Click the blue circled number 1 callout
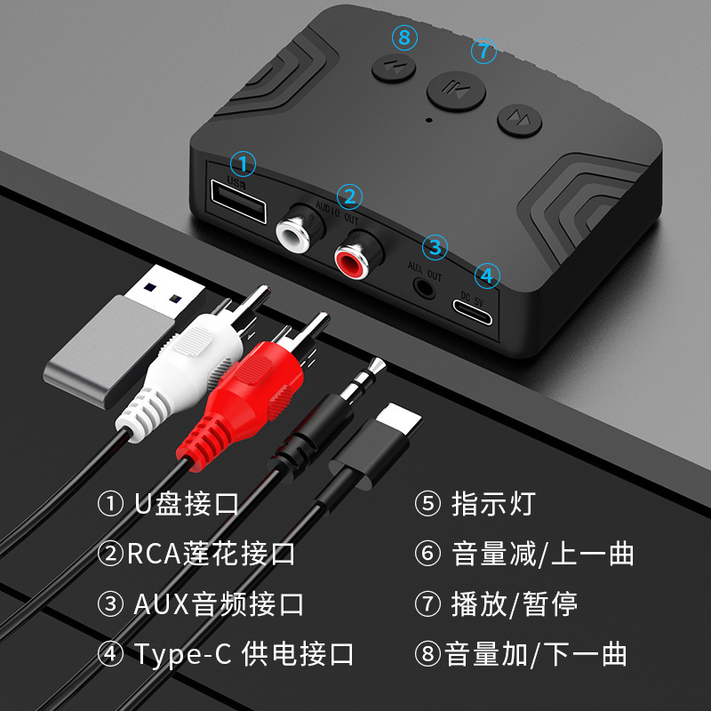(x=243, y=164)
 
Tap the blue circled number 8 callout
(x=405, y=37)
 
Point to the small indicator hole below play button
(x=429, y=120)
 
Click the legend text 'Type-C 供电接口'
(x=244, y=654)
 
